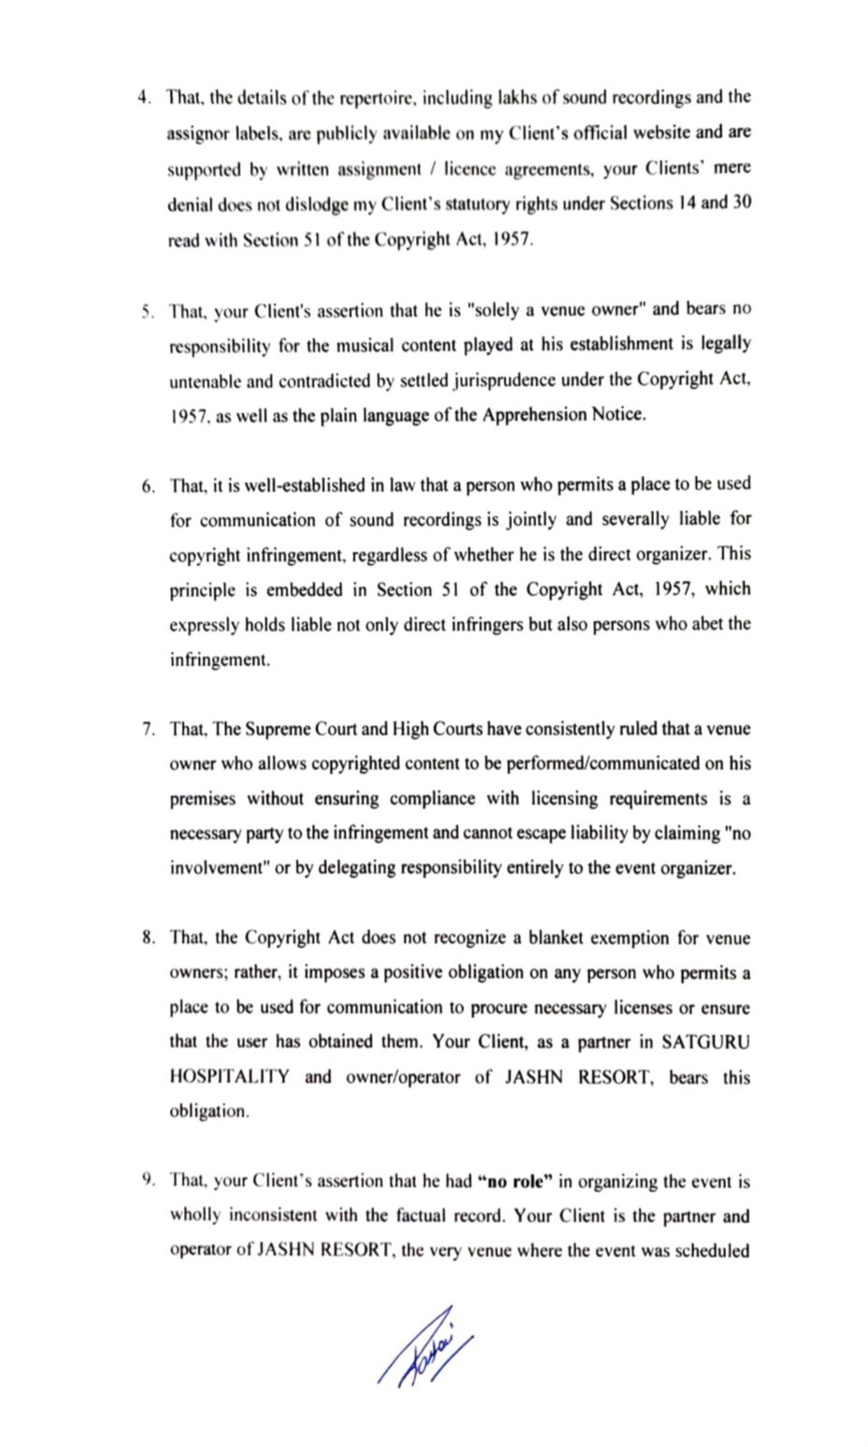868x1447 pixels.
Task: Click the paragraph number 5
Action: point(147,310)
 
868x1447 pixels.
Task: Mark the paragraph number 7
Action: point(149,730)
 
